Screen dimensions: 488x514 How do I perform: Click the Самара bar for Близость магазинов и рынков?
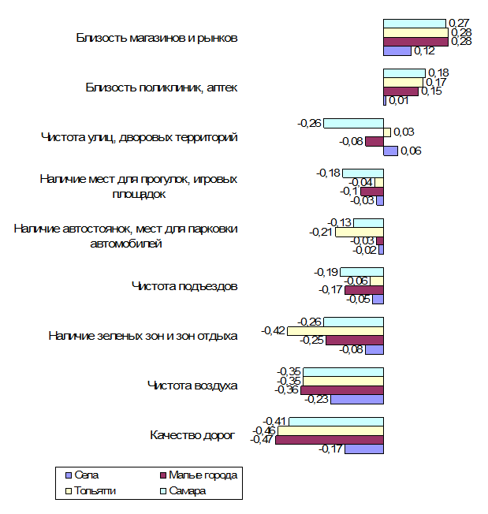(414, 24)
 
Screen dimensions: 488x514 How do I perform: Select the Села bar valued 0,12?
(397, 50)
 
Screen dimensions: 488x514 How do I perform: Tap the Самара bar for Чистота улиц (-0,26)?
(354, 123)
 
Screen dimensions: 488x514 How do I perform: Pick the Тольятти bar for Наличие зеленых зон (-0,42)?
(335, 331)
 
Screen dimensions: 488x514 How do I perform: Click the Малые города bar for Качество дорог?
(330, 440)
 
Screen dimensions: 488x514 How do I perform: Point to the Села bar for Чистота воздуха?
(357, 399)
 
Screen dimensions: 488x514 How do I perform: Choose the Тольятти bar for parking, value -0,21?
(359, 232)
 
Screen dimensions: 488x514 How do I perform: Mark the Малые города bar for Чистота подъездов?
(364, 290)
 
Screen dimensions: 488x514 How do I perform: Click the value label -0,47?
(261, 439)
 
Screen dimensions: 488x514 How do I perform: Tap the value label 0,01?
(399, 101)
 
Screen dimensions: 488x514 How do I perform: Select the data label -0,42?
(273, 330)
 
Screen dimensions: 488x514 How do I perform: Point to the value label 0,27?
(459, 23)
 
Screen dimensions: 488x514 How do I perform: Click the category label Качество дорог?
(192, 435)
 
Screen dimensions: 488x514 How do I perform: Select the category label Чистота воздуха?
(192, 385)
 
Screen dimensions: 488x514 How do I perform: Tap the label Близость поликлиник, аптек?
(162, 88)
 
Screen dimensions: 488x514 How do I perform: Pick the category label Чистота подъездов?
(184, 286)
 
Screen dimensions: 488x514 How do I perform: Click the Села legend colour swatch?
(69, 475)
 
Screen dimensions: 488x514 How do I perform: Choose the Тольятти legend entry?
(91, 490)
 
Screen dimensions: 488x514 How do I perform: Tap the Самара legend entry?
(183, 490)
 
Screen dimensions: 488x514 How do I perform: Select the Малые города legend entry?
(199, 475)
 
